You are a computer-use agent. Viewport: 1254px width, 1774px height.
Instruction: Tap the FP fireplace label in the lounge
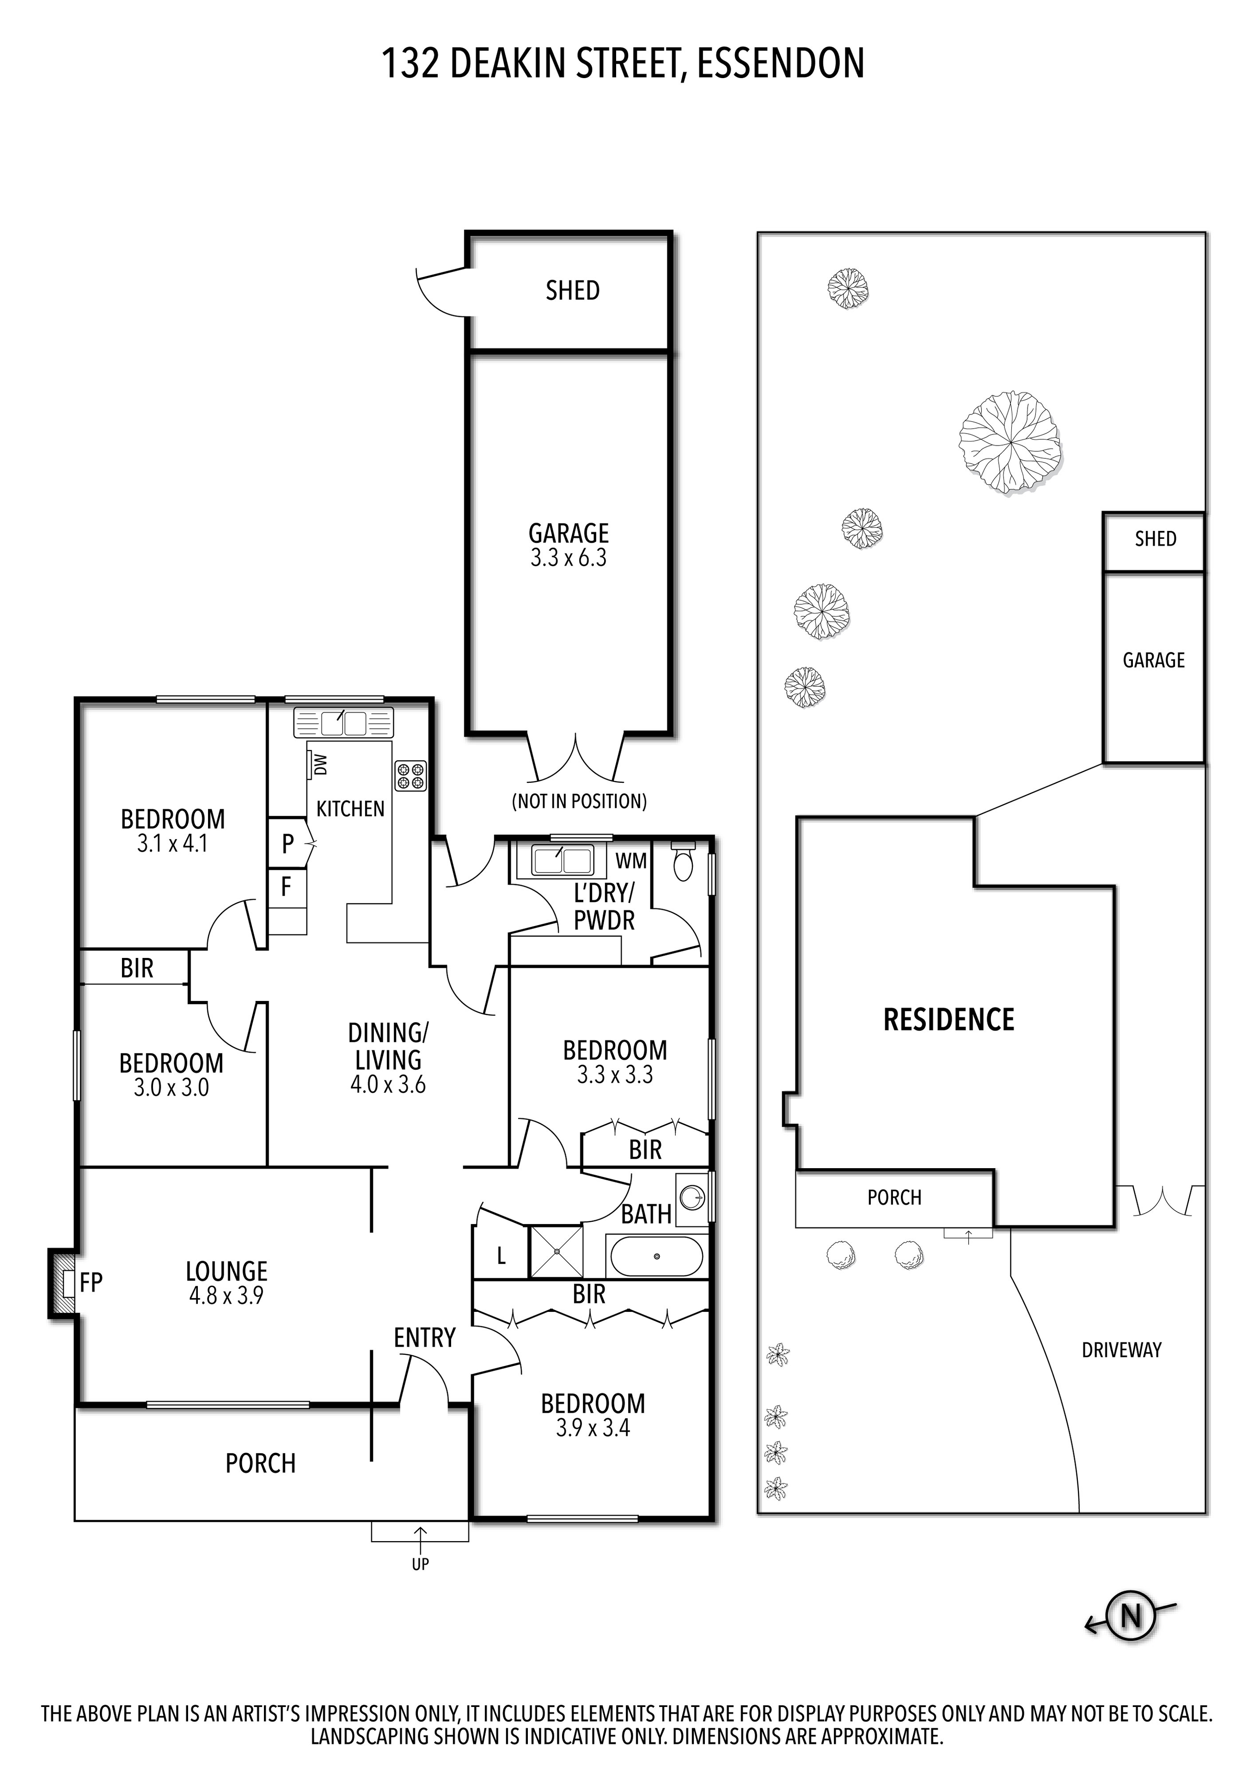(x=91, y=1283)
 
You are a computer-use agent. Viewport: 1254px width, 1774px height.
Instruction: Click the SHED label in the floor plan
(x=573, y=291)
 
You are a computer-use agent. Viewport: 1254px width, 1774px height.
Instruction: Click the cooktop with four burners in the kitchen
(x=411, y=776)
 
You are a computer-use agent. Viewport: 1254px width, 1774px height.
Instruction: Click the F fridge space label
(x=286, y=887)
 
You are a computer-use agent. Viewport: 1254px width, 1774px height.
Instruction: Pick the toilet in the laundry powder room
(x=684, y=863)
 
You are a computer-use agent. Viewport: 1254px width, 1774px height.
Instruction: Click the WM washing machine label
(x=630, y=861)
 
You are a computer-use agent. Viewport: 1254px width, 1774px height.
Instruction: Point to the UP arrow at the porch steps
(x=420, y=1544)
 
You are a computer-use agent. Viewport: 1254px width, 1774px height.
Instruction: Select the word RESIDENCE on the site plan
(x=948, y=1020)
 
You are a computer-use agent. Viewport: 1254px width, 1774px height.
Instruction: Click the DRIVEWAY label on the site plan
(x=1121, y=1350)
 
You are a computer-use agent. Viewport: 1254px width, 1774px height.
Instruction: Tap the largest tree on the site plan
(x=1010, y=442)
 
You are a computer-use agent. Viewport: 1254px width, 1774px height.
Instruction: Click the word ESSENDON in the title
(x=780, y=63)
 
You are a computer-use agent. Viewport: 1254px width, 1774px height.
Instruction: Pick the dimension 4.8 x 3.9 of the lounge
(x=226, y=1296)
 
